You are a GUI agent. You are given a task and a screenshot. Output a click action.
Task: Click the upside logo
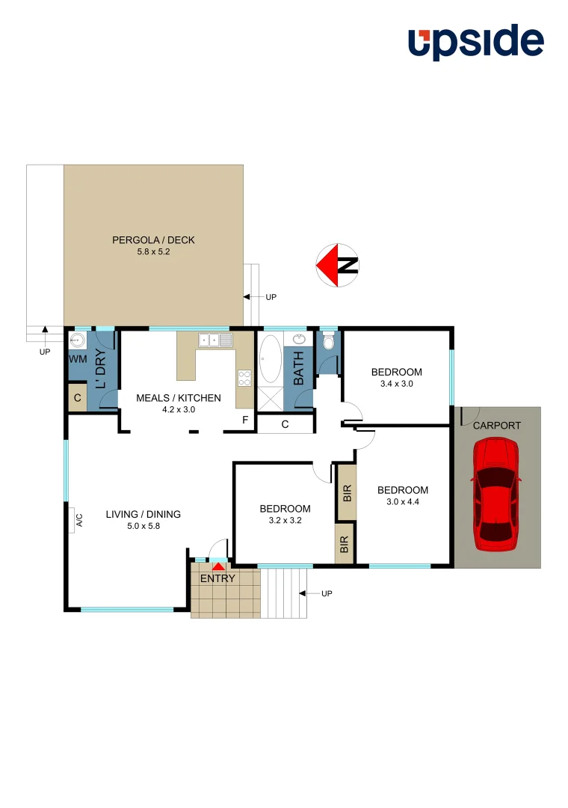coord(475,43)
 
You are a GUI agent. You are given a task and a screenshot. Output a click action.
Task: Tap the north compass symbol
coord(337,265)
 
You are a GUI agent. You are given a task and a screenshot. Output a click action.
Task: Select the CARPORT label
coord(496,425)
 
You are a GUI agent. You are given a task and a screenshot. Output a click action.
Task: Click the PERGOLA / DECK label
coord(153,240)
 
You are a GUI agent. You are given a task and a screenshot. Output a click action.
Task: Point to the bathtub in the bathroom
coord(269,359)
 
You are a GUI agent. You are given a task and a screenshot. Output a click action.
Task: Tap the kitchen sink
coord(215,340)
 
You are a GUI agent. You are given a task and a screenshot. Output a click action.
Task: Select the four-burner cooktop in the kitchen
coord(244,379)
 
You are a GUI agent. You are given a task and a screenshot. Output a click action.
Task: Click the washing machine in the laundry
coord(78,341)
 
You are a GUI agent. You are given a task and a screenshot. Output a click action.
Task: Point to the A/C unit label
coord(78,519)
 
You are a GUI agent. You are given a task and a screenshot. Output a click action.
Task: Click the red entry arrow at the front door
coord(217,568)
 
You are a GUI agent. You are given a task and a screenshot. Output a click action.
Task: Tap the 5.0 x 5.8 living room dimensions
coord(143,526)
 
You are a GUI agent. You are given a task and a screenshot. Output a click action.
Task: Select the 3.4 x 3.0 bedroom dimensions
coord(396,383)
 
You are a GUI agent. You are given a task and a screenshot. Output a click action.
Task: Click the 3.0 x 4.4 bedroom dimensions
coord(403,502)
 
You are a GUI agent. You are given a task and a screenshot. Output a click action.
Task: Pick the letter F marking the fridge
coord(244,420)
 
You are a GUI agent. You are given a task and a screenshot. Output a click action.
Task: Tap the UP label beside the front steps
coord(326,593)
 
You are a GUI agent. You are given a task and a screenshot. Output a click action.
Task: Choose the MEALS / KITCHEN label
coord(178,398)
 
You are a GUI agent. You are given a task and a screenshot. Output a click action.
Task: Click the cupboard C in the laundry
coord(77,398)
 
